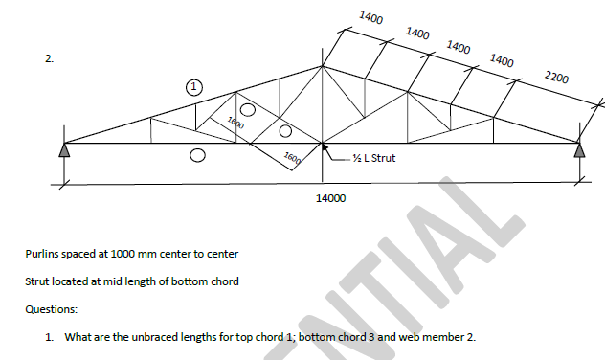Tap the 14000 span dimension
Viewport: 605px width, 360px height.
[330, 198]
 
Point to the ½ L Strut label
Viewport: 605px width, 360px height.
[373, 158]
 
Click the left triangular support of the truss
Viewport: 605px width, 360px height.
[64, 149]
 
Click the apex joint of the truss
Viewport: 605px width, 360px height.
[323, 66]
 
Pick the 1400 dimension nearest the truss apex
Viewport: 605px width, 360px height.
[371, 18]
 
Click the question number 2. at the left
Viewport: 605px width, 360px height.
[49, 59]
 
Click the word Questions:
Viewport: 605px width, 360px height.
[52, 309]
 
